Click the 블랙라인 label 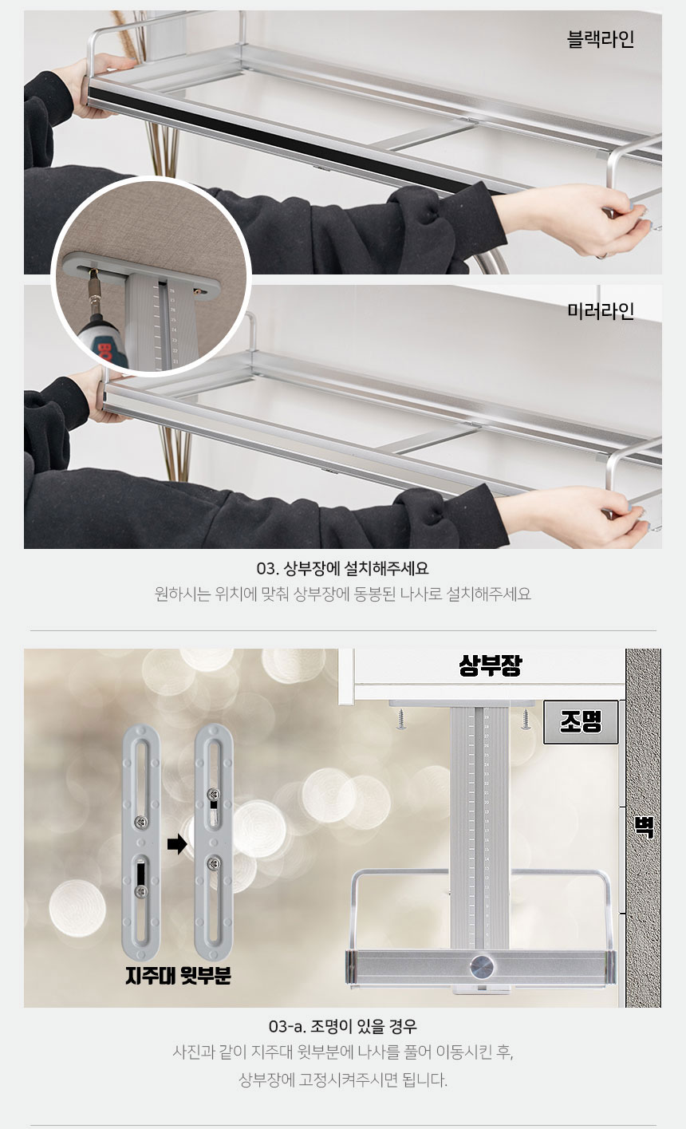601,39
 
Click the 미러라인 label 601,311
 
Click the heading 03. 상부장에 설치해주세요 343,569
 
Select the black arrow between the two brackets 177,843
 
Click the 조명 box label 581,722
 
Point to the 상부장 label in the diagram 490,665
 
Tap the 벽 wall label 644,827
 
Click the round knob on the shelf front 481,965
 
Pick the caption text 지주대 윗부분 178,976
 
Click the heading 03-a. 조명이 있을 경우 343,1026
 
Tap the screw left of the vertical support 401,719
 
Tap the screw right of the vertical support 525,719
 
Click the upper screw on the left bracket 141,823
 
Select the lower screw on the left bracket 141,891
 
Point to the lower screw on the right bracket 213,863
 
